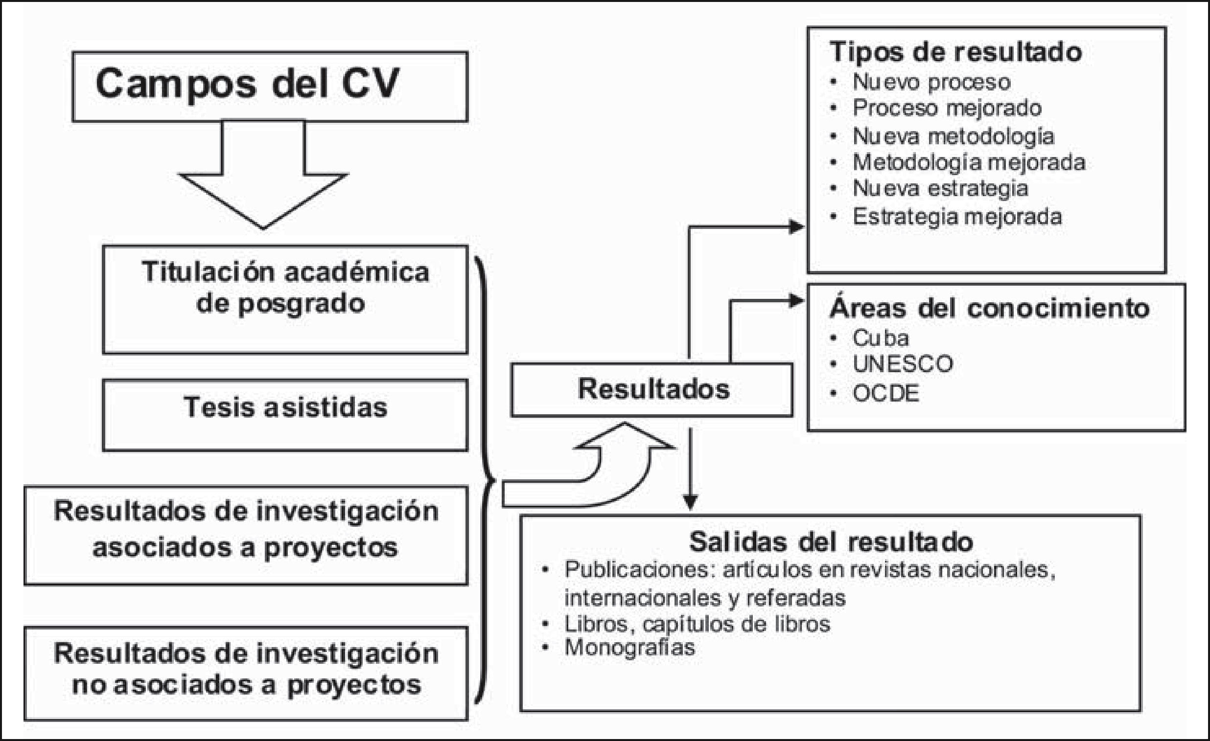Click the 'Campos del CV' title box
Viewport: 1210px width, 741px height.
pyautogui.click(x=270, y=87)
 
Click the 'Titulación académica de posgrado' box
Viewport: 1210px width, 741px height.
pyautogui.click(x=285, y=299)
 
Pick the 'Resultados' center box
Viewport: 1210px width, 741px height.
pyautogui.click(x=652, y=390)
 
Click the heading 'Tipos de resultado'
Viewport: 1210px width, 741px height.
pyautogui.click(x=955, y=52)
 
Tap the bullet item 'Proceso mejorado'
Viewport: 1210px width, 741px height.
pyautogui.click(x=947, y=109)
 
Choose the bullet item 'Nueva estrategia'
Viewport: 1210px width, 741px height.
pyautogui.click(x=940, y=189)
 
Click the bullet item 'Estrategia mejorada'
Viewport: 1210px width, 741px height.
pyautogui.click(x=956, y=217)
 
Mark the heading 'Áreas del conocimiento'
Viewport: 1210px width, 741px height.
pyautogui.click(x=989, y=309)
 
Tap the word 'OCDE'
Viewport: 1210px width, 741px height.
pyautogui.click(x=885, y=394)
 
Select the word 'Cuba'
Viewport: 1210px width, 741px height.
pyautogui.click(x=881, y=338)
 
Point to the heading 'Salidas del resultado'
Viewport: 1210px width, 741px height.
pyautogui.click(x=831, y=542)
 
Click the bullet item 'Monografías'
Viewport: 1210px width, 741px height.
pyautogui.click(x=629, y=647)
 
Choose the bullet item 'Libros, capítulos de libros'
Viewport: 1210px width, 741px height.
pyautogui.click(x=697, y=624)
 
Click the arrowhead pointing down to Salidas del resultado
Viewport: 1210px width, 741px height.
pyautogui.click(x=691, y=502)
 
